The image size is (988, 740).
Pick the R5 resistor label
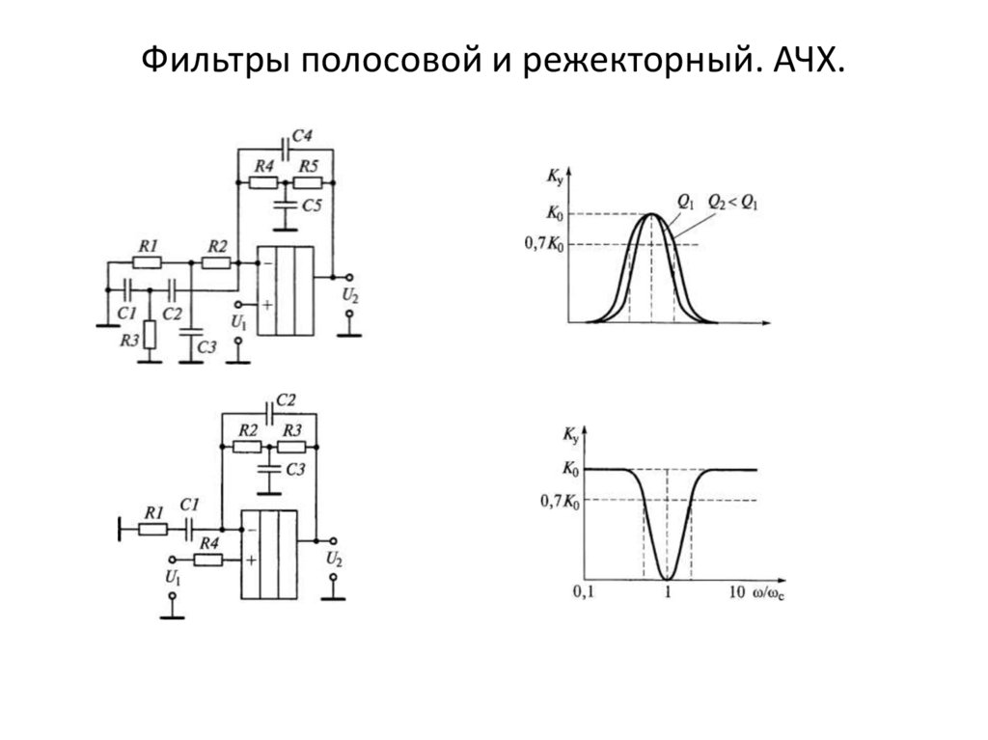click(x=309, y=166)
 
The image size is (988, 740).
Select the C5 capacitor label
click(x=312, y=205)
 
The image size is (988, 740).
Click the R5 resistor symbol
click(x=308, y=181)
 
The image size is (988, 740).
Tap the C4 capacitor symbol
click(x=284, y=149)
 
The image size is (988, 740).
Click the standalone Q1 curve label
click(x=684, y=201)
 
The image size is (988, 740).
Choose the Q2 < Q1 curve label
click(x=732, y=201)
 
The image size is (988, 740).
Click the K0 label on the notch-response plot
click(x=569, y=470)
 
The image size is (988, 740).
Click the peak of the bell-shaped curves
click(x=653, y=214)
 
